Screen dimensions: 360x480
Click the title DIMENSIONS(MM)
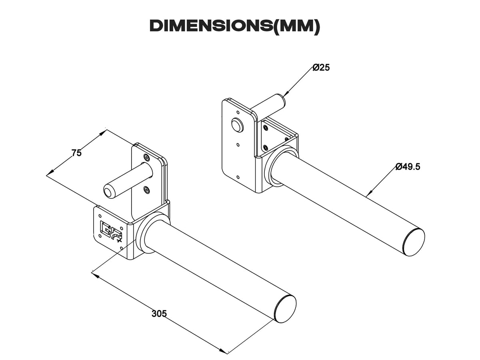(x=235, y=26)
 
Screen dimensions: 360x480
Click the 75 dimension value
(x=76, y=153)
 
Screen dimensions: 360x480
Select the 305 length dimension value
(x=159, y=314)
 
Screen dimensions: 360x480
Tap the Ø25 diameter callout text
(x=321, y=68)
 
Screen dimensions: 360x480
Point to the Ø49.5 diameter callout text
(x=408, y=167)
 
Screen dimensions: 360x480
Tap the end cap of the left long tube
(x=285, y=308)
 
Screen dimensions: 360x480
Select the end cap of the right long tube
(x=414, y=242)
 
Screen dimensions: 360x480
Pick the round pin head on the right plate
(x=237, y=125)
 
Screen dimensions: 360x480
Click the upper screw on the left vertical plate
(x=146, y=158)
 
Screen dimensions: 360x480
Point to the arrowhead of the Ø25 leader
(x=286, y=94)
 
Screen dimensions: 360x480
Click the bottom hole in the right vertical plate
(x=238, y=177)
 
